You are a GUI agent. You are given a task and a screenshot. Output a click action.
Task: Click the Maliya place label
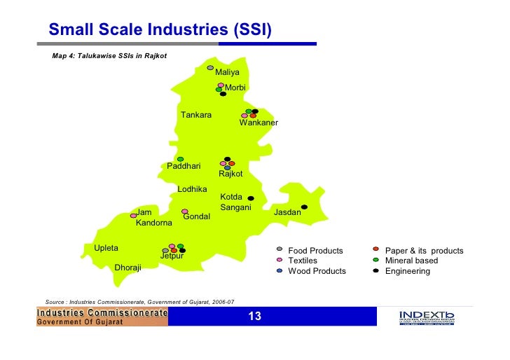[x=227, y=73]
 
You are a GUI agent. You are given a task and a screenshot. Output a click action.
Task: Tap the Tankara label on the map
[x=196, y=115]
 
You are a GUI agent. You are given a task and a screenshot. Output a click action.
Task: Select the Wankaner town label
[x=259, y=123]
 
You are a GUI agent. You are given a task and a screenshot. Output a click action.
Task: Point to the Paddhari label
[x=184, y=167]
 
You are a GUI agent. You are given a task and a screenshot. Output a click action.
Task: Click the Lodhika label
[x=192, y=189]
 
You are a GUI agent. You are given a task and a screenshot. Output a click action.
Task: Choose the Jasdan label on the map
[x=287, y=212]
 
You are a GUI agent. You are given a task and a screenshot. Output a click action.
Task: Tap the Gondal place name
[x=196, y=217]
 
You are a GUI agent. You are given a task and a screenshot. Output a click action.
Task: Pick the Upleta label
[x=106, y=249]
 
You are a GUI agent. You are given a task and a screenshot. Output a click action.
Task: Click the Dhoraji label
[x=127, y=268]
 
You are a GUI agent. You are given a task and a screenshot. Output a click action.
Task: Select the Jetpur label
[x=172, y=256]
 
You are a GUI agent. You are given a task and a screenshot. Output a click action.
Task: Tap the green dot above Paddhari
[x=180, y=159]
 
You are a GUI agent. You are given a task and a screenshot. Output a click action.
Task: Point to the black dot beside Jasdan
[x=305, y=207]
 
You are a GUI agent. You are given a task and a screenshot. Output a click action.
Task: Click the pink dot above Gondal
[x=185, y=211]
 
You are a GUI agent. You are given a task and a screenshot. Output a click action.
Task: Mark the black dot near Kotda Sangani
[x=250, y=198]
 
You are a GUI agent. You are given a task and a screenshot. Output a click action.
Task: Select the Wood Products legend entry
[x=317, y=271]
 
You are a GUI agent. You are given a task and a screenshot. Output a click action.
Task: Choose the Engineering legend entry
[x=407, y=271]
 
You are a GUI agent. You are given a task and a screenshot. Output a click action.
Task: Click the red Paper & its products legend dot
[x=376, y=249]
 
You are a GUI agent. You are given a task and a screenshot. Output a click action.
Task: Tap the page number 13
[x=254, y=317]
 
